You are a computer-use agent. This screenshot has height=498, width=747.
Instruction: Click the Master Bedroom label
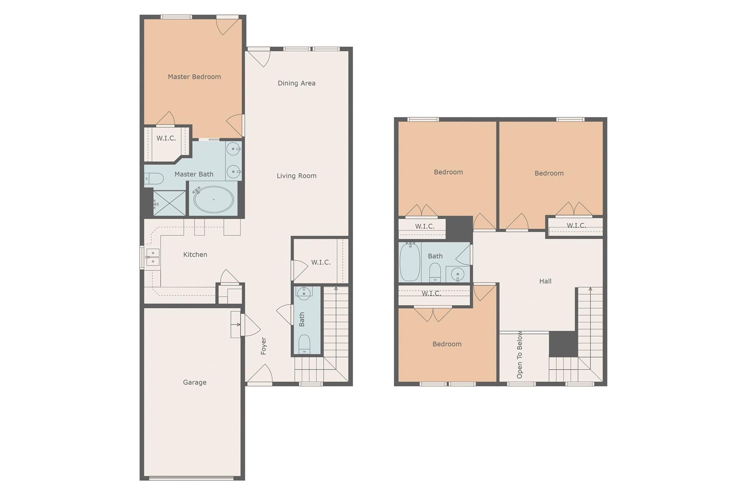194,77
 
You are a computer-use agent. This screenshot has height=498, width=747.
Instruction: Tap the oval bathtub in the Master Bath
213,200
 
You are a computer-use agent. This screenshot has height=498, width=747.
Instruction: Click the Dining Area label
296,83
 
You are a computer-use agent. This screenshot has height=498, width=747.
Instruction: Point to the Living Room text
296,176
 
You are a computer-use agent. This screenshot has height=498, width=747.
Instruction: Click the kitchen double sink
153,257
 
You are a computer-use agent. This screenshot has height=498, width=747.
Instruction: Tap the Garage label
194,382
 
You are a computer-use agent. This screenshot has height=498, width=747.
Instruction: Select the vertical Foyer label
264,346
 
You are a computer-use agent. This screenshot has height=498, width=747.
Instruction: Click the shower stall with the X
169,203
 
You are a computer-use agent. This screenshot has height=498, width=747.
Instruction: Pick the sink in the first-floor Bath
304,292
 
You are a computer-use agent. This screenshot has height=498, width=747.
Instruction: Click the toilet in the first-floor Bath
304,344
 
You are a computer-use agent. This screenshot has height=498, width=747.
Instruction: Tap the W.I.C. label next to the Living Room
321,262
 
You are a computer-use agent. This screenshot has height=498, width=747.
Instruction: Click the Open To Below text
520,355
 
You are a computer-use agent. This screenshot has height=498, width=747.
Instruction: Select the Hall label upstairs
545,281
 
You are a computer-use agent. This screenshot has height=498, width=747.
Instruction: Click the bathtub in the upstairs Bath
410,262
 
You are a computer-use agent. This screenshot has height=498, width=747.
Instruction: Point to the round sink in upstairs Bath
457,274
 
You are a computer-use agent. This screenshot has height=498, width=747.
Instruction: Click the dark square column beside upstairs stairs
563,344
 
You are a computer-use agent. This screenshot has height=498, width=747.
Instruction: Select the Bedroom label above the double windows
447,344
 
